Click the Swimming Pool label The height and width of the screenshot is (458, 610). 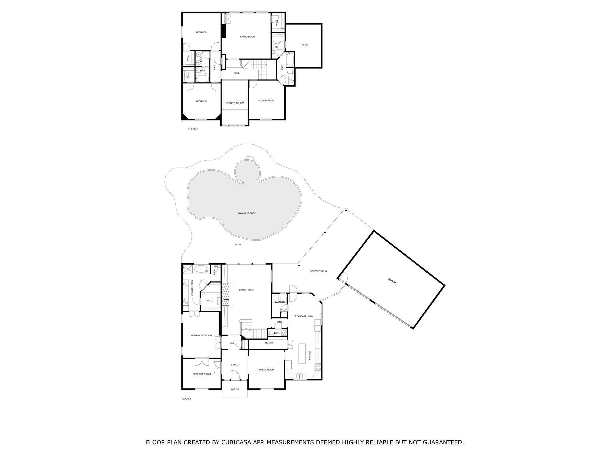(246, 213)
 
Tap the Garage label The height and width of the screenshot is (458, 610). (392, 281)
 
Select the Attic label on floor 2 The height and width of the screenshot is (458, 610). (304, 45)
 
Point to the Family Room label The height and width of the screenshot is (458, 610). (248, 37)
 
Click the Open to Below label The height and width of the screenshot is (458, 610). (234, 103)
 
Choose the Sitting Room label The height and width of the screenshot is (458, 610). (266, 100)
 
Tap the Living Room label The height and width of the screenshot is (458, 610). (246, 290)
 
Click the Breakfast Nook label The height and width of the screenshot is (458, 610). (303, 316)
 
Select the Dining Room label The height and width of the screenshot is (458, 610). (266, 370)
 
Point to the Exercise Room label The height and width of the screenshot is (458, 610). (202, 374)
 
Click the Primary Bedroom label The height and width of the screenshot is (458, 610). (201, 335)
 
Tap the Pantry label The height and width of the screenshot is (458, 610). (269, 343)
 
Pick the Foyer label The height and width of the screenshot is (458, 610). (235, 365)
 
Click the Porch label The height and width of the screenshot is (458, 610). (235, 389)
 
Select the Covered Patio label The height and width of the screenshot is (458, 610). (318, 271)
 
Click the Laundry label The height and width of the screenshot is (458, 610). (280, 302)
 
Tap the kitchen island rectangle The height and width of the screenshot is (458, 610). (302, 353)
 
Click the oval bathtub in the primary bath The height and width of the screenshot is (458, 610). (202, 269)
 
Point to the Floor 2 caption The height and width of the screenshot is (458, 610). (193, 129)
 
